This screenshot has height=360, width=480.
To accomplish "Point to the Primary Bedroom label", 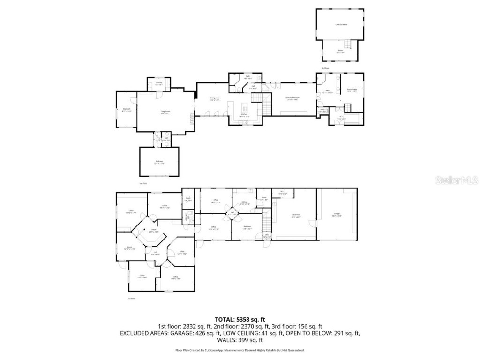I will [x=292, y=98].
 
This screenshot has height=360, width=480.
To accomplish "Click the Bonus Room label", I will [x=352, y=90].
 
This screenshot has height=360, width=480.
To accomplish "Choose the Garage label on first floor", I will [x=337, y=214].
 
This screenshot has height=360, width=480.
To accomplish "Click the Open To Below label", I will [x=341, y=24].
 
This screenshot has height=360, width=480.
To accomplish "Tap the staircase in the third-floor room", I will [x=347, y=45].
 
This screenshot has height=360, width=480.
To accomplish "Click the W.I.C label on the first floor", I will [x=282, y=192].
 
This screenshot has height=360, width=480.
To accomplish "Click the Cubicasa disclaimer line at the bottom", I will [x=240, y=350].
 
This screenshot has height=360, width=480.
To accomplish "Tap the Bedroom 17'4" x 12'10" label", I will [x=159, y=162].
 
